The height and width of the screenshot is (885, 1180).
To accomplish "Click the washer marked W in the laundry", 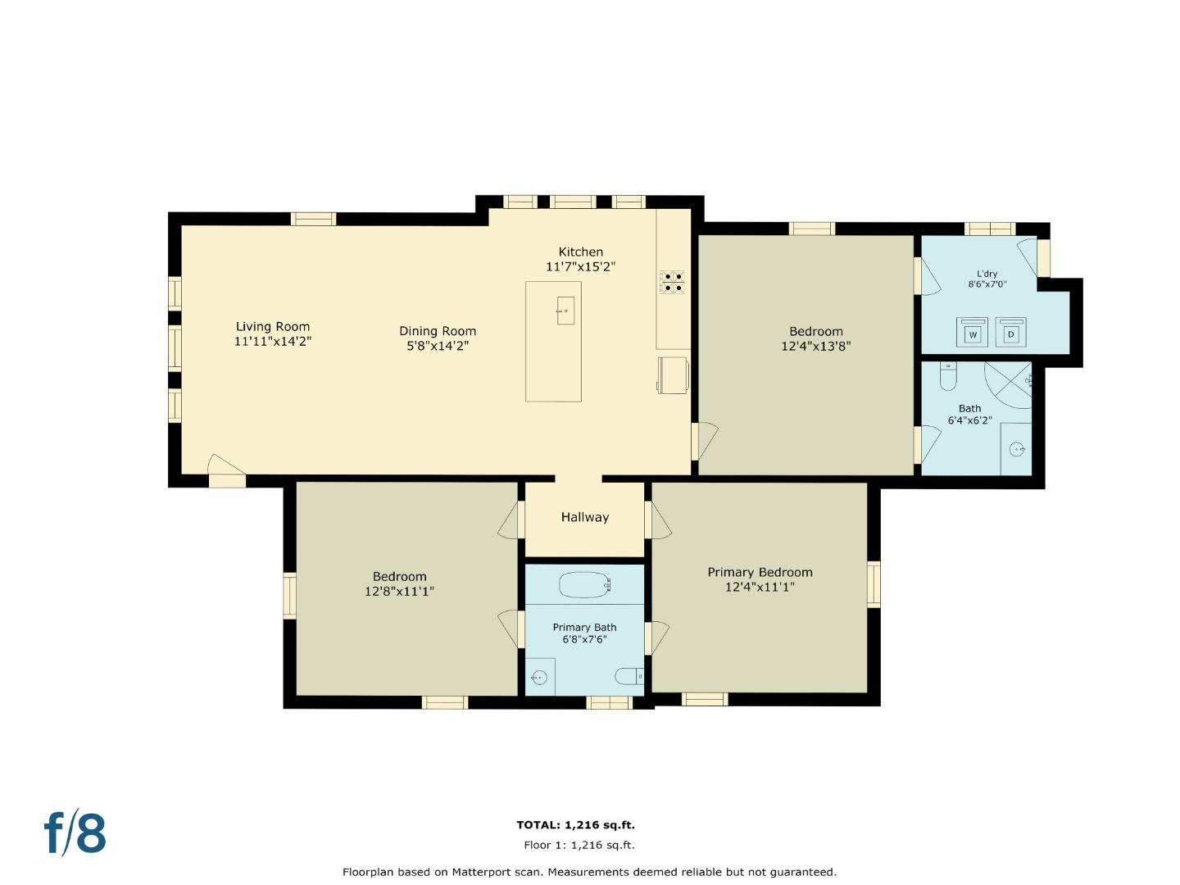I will (973, 332).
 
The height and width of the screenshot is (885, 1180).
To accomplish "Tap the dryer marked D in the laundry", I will (1011, 332).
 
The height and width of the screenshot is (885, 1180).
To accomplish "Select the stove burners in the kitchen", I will (673, 282).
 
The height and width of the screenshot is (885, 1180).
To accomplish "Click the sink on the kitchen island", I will (565, 311).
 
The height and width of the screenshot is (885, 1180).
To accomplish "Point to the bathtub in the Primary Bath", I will (585, 584).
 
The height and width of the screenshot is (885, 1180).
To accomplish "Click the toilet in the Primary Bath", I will (629, 677).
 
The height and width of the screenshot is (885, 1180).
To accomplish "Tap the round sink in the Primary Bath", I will (539, 678).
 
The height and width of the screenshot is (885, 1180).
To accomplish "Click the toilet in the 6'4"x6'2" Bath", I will (948, 378).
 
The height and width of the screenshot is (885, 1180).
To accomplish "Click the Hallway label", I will (585, 517).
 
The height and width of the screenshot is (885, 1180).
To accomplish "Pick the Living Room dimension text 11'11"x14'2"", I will (273, 341).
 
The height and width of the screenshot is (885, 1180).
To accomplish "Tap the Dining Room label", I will (438, 331).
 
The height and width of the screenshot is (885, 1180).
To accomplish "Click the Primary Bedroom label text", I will (760, 572).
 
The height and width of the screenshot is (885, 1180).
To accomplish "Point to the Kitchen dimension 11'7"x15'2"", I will (580, 266).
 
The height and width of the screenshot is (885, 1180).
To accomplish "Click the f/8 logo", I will (75, 833).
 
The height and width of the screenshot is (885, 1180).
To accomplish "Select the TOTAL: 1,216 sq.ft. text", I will (575, 825).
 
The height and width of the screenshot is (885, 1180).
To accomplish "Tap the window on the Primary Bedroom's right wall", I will (874, 584).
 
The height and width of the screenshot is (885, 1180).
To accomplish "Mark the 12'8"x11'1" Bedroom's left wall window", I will (289, 595).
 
